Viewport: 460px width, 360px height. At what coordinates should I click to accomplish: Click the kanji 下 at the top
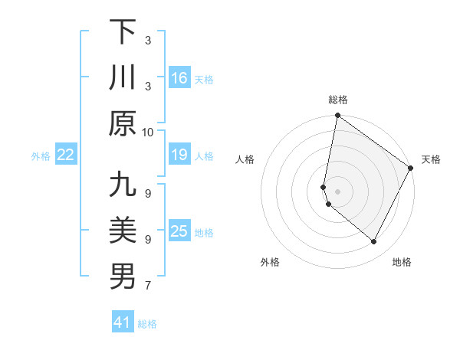(x=123, y=32)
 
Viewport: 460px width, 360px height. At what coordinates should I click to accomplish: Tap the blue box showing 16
(x=179, y=78)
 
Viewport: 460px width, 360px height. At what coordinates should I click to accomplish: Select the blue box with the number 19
(x=179, y=155)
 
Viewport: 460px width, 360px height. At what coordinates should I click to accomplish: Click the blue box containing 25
(x=179, y=232)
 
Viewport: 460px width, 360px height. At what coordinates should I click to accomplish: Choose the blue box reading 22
(x=66, y=155)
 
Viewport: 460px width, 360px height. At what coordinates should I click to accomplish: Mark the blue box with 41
(x=123, y=322)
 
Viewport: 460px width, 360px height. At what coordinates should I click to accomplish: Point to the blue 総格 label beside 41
(x=147, y=324)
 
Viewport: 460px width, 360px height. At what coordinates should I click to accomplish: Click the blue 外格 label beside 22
(x=41, y=156)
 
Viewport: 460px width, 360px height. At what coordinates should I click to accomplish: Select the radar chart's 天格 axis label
(x=431, y=159)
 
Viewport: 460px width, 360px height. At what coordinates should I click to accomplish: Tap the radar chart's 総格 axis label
(x=337, y=100)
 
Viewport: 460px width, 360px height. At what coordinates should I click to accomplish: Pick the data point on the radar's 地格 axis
(x=374, y=242)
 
